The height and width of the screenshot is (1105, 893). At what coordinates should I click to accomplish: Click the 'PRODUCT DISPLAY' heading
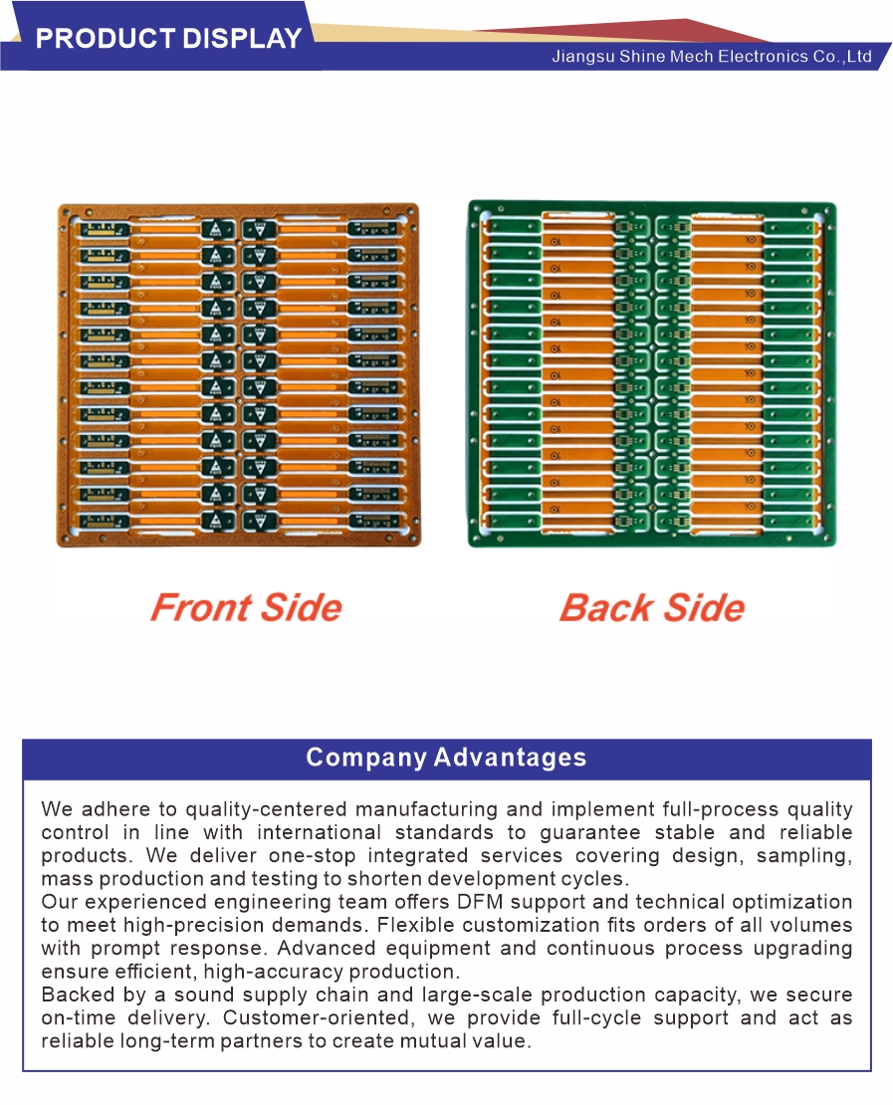[168, 38]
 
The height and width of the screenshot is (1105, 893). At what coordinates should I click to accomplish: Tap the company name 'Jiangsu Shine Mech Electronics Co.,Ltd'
[712, 57]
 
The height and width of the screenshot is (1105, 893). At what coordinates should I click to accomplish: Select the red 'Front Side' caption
[246, 607]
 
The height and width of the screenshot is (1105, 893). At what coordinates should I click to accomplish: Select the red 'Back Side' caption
[652, 607]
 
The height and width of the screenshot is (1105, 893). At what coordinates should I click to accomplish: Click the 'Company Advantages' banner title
[446, 757]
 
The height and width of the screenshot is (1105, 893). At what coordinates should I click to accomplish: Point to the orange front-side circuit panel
[239, 375]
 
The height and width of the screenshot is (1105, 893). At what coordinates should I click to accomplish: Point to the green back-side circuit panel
[653, 374]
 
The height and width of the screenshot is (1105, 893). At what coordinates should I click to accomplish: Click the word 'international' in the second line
[319, 832]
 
